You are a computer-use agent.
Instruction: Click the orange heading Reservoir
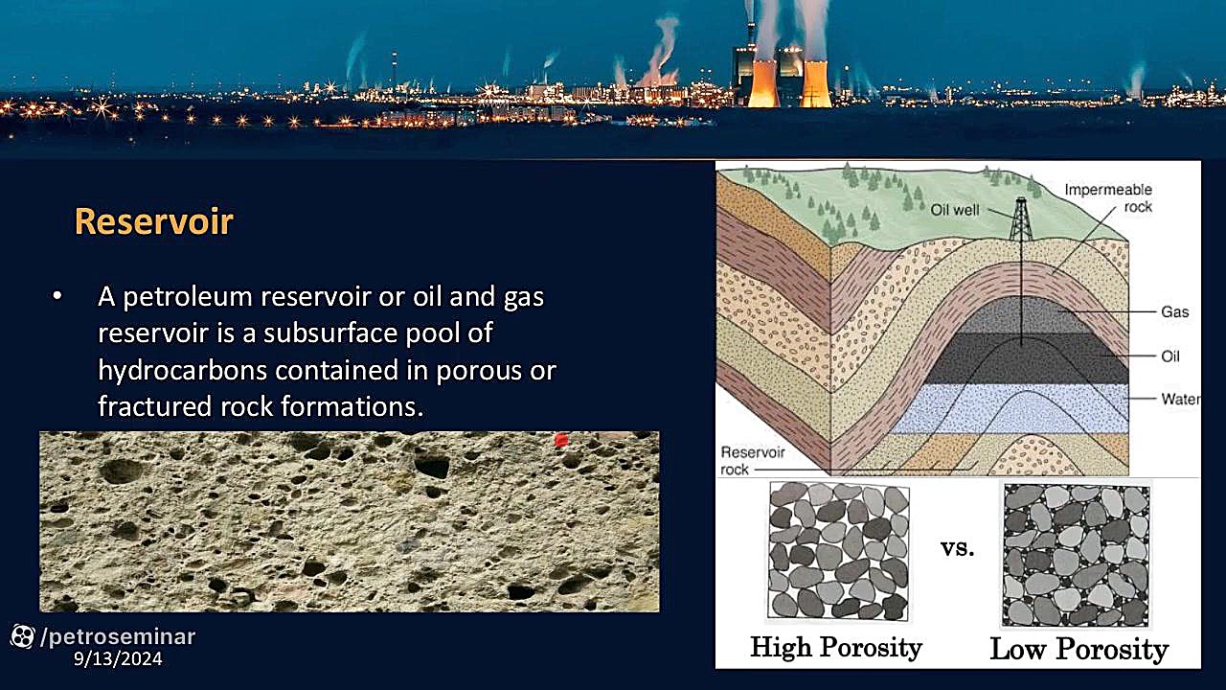[x=154, y=221]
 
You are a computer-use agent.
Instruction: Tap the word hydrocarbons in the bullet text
[x=182, y=370]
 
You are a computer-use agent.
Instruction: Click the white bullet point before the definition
[x=57, y=296]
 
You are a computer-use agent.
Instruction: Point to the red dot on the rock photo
[x=561, y=440]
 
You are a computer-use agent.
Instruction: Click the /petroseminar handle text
[x=118, y=637]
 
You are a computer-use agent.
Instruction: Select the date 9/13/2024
[x=118, y=658]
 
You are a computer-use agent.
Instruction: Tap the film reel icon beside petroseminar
[x=22, y=636]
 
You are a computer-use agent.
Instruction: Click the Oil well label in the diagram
[x=955, y=210]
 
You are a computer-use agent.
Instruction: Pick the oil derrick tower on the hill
[x=1020, y=219]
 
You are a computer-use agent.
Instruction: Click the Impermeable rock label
[x=1109, y=198]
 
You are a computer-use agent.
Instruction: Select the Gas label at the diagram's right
[x=1175, y=312]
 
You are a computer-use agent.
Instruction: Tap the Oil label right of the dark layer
[x=1170, y=356]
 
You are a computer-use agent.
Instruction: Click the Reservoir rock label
[x=753, y=461]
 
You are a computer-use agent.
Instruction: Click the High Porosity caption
[x=836, y=647]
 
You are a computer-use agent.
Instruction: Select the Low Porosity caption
[x=1079, y=650]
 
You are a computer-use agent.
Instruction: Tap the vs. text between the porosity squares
[x=957, y=548]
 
